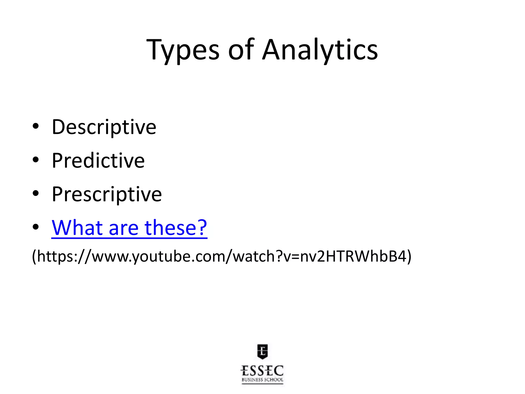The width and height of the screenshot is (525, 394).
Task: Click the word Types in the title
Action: click(x=183, y=50)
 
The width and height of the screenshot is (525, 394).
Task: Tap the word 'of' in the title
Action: click(x=241, y=50)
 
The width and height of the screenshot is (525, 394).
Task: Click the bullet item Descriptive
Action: click(x=104, y=127)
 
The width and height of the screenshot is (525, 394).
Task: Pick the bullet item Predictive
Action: click(x=98, y=161)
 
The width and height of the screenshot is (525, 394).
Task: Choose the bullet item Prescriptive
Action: click(x=107, y=194)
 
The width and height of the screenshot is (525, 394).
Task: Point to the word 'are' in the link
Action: click(x=124, y=228)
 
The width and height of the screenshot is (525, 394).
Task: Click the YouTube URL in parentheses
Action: click(x=222, y=256)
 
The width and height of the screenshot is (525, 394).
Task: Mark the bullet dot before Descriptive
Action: click(x=36, y=126)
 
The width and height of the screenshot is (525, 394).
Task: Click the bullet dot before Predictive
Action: click(x=36, y=160)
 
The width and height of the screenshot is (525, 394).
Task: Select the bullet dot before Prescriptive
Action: click(x=36, y=193)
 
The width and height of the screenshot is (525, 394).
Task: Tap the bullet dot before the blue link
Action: click(x=36, y=227)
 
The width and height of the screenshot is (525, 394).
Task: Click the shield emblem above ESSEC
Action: click(x=262, y=351)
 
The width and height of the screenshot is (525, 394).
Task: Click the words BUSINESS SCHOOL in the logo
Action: click(x=262, y=380)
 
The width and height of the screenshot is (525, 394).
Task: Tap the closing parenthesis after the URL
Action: click(x=409, y=256)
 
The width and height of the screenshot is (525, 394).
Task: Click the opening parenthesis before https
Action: click(x=34, y=256)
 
